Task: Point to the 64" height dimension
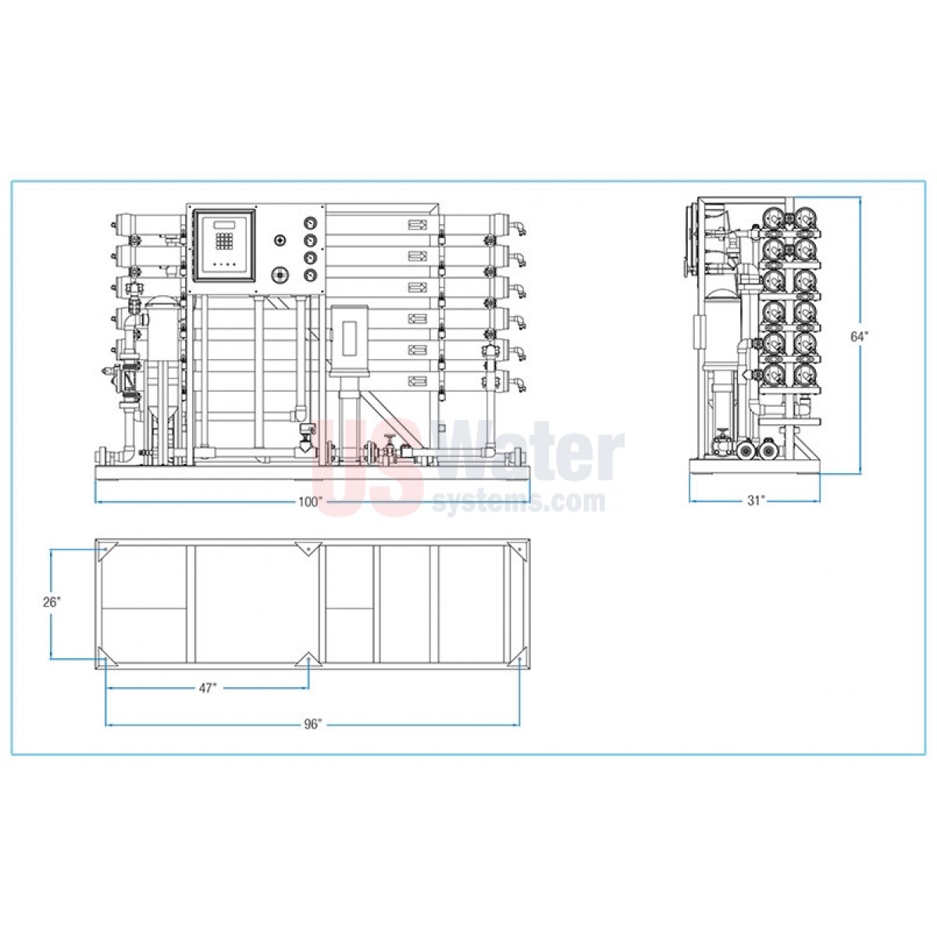[859, 336]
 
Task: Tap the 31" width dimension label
[756, 501]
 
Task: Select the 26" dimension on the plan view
[52, 602]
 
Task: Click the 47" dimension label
[207, 688]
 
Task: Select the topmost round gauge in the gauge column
[309, 223]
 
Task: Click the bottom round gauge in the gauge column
[309, 276]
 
